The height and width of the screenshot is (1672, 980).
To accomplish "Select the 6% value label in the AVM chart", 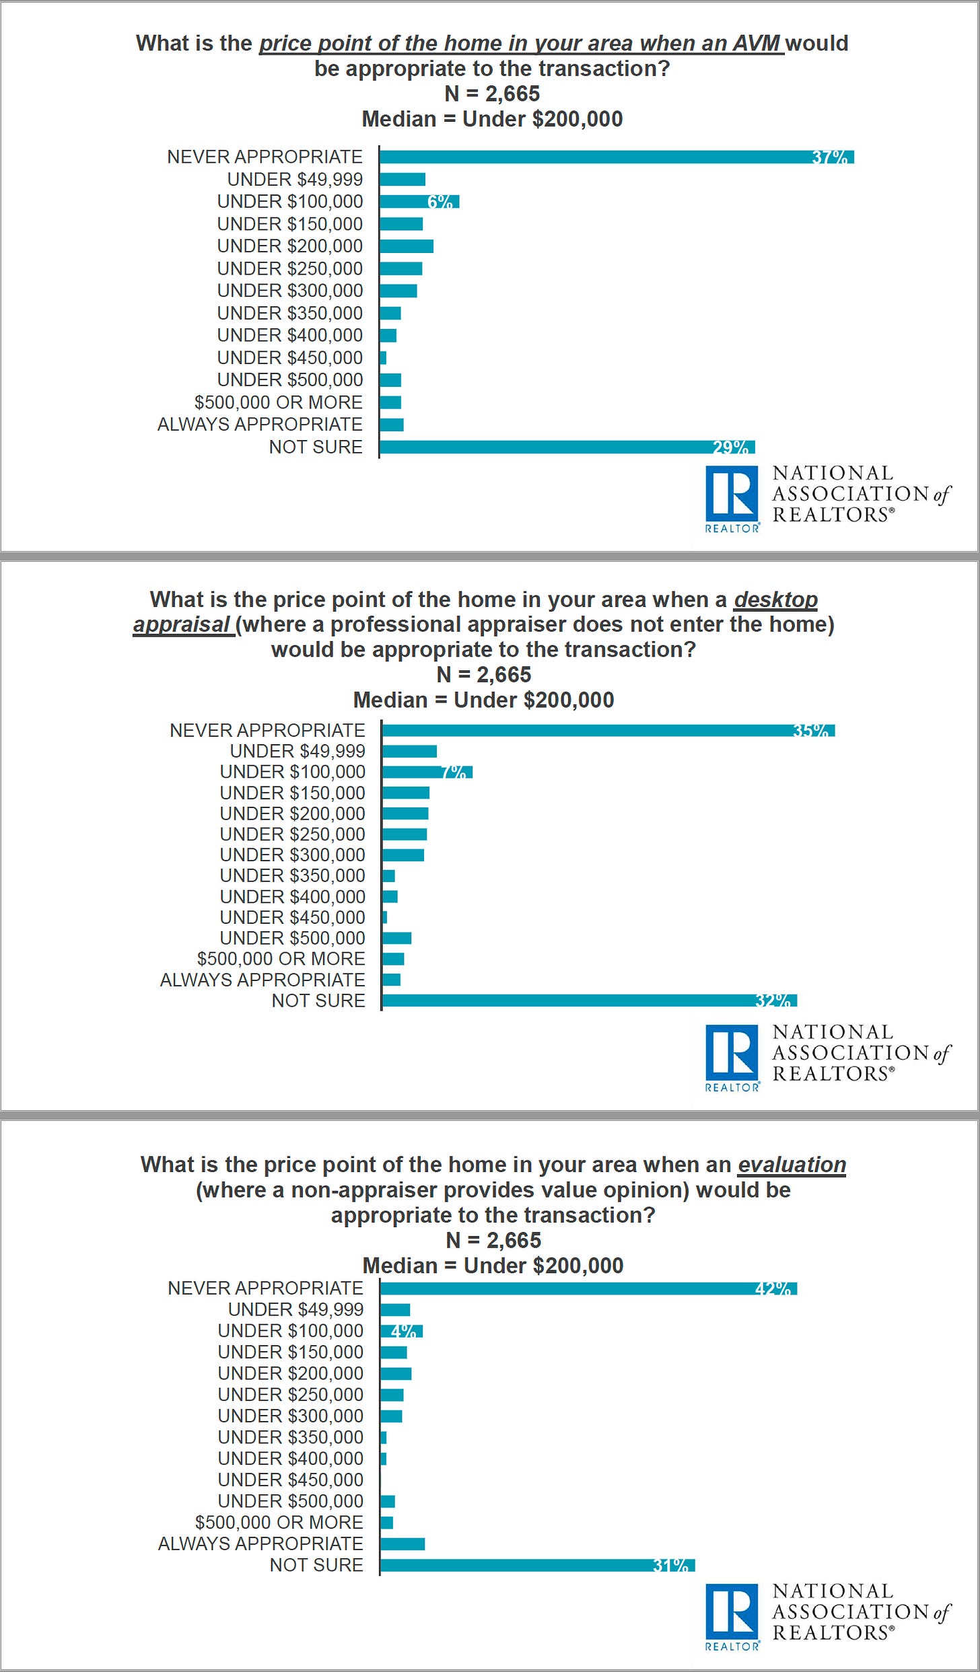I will (x=440, y=201).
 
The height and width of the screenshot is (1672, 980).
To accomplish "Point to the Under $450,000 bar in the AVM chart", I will (x=383, y=357).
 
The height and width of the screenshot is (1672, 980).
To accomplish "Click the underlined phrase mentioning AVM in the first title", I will (x=521, y=43).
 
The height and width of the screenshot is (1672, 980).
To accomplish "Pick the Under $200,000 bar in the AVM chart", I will (x=406, y=246).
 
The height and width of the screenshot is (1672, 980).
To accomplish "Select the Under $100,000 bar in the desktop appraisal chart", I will (x=427, y=772).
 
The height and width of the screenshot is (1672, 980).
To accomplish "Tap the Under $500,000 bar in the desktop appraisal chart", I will (x=396, y=938).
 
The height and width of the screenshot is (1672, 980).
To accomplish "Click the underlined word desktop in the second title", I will (x=775, y=599).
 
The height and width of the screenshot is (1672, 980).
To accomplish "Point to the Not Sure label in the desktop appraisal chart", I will (x=318, y=1001).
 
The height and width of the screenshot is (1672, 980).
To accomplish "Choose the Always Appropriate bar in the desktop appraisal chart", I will (x=391, y=980).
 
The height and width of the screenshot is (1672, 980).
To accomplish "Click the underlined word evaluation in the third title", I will (x=792, y=1165).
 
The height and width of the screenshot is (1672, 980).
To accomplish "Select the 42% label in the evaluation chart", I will (x=772, y=1288).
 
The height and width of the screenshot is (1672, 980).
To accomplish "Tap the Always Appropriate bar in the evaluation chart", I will (x=403, y=1543).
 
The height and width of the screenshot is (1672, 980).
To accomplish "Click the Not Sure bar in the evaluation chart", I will (x=537, y=1565).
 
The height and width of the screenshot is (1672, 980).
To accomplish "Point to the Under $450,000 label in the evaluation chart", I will (x=290, y=1480).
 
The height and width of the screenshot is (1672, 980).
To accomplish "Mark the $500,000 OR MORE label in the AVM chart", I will (x=278, y=402).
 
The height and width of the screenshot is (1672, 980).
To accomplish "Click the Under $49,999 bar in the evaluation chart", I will (x=395, y=1309).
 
